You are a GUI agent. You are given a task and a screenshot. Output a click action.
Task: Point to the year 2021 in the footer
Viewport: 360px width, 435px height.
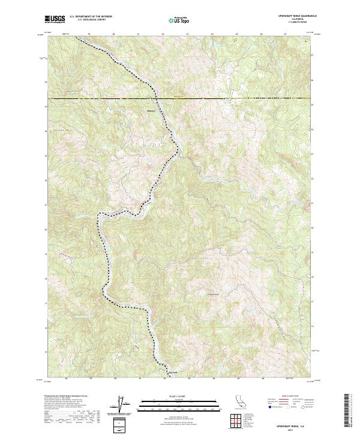point(293,428)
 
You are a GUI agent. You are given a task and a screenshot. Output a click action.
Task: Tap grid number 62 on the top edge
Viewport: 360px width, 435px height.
point(163,34)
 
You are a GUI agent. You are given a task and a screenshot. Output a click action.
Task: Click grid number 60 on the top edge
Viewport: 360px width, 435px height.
point(114,34)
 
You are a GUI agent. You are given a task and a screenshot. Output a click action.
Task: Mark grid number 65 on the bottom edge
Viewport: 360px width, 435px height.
point(237,379)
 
